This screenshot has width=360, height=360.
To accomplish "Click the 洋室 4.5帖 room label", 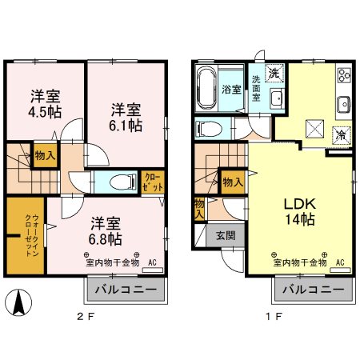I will coord(46,103).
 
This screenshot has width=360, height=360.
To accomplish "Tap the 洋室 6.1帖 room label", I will coord(126,118).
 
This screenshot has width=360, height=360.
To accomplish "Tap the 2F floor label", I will coord(86,316).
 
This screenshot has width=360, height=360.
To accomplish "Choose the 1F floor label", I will coord(274,316).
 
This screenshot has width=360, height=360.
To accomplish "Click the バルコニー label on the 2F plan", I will coord(126,290).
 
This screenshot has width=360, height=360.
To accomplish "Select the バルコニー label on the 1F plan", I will coord(313,290).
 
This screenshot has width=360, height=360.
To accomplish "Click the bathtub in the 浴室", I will coord(206,90).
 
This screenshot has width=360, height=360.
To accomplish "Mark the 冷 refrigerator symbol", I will coord(340,134).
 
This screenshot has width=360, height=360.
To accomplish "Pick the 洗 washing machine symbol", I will coord(273,74).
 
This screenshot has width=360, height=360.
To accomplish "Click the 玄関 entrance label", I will coord(225,236).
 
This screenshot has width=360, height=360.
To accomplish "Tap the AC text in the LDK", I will coord(339,262).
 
